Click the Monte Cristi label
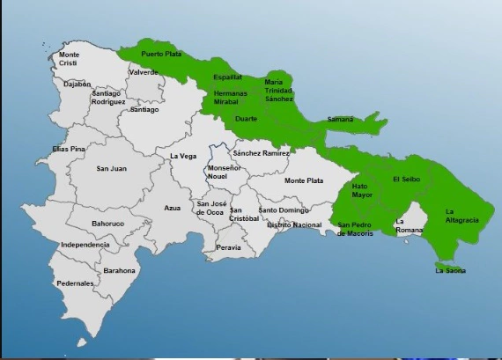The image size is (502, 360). (x=69, y=59)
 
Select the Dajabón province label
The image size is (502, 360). (x=78, y=84)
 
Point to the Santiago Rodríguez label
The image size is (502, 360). (x=107, y=98)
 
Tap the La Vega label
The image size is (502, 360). (x=182, y=156)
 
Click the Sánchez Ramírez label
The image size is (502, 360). (x=262, y=153)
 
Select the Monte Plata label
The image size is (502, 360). (x=304, y=180)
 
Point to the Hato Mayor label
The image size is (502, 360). (x=362, y=190)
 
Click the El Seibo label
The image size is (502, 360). (x=407, y=179)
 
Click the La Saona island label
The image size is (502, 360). (x=451, y=270)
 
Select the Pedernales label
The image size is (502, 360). (x=75, y=283)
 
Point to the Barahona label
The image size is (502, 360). (x=119, y=272)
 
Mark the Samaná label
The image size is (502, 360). (x=340, y=119)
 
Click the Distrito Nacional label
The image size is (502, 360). (x=294, y=224)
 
